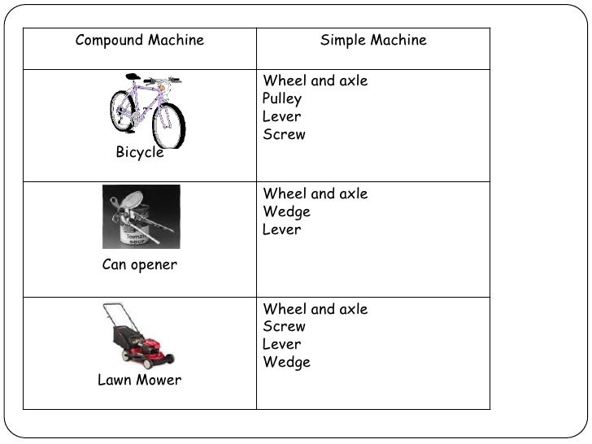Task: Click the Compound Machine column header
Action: pyautogui.click(x=139, y=41)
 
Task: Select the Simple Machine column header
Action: pyautogui.click(x=373, y=41)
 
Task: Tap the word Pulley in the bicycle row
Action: pyautogui.click(x=282, y=99)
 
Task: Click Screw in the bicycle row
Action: pyautogui.click(x=285, y=135)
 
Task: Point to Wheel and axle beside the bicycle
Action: pyautogui.click(x=316, y=81)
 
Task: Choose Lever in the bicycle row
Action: pyautogui.click(x=282, y=117)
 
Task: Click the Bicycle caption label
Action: pyautogui.click(x=140, y=153)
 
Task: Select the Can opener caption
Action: pyautogui.click(x=140, y=265)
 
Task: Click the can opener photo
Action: pyautogui.click(x=141, y=217)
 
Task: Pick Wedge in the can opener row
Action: pyautogui.click(x=287, y=212)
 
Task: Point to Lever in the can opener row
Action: pyautogui.click(x=282, y=230)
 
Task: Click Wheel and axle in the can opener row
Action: pyautogui.click(x=316, y=194)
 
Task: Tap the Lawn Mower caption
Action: pyautogui.click(x=140, y=381)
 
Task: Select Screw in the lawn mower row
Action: pyautogui.click(x=285, y=327)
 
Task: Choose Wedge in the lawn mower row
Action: pyautogui.click(x=287, y=363)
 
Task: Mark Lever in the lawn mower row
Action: pyautogui.click(x=282, y=345)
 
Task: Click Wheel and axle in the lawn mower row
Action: pyautogui.click(x=316, y=310)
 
